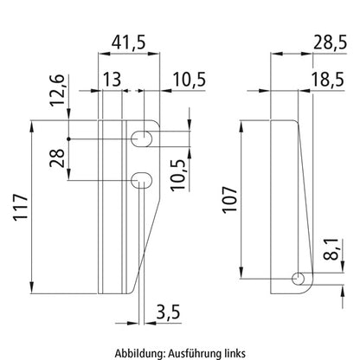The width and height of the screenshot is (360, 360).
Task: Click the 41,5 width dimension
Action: [x=129, y=42]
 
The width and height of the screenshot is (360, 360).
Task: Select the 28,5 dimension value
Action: [x=331, y=42]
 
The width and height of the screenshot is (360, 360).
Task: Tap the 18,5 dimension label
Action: [x=328, y=80]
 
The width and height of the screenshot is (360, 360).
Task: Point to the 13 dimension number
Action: [x=112, y=80]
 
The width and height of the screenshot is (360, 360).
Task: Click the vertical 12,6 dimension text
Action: [x=56, y=90]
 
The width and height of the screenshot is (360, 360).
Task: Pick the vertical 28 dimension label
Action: [x=57, y=158]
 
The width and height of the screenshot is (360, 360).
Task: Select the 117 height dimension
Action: [x=21, y=208]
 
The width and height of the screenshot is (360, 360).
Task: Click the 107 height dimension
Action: [x=229, y=200]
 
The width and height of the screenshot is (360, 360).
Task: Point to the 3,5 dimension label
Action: [x=169, y=312]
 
